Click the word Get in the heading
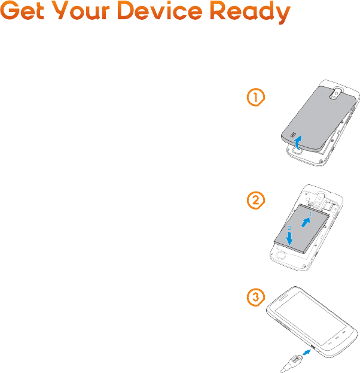[x=23, y=11]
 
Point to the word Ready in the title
[x=250, y=13]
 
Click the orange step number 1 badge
[x=256, y=97]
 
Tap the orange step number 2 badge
[x=256, y=201]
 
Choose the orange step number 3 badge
[x=256, y=298]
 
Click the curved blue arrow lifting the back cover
[x=297, y=143]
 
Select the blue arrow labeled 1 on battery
[x=306, y=222]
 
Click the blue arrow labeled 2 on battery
[x=289, y=238]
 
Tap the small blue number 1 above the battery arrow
[x=310, y=214]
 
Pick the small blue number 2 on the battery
[x=289, y=228]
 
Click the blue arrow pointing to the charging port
[x=307, y=352]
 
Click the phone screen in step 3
[x=311, y=319]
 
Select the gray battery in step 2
[x=301, y=229]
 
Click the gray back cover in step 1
[x=319, y=119]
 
